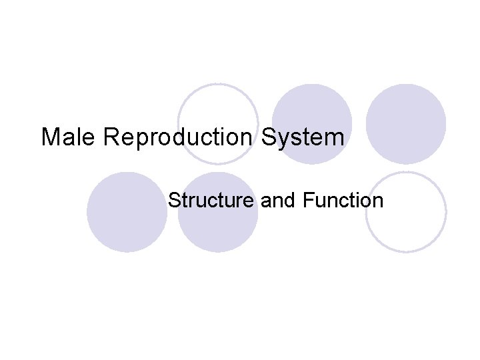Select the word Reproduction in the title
pos(178,138)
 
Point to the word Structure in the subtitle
pos(211,200)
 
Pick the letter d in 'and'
pos(287,200)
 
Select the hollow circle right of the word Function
pos(406,211)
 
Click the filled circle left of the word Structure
pos(127,211)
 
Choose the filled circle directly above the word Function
pos(312,123)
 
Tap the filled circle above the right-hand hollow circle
pos(406,123)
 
